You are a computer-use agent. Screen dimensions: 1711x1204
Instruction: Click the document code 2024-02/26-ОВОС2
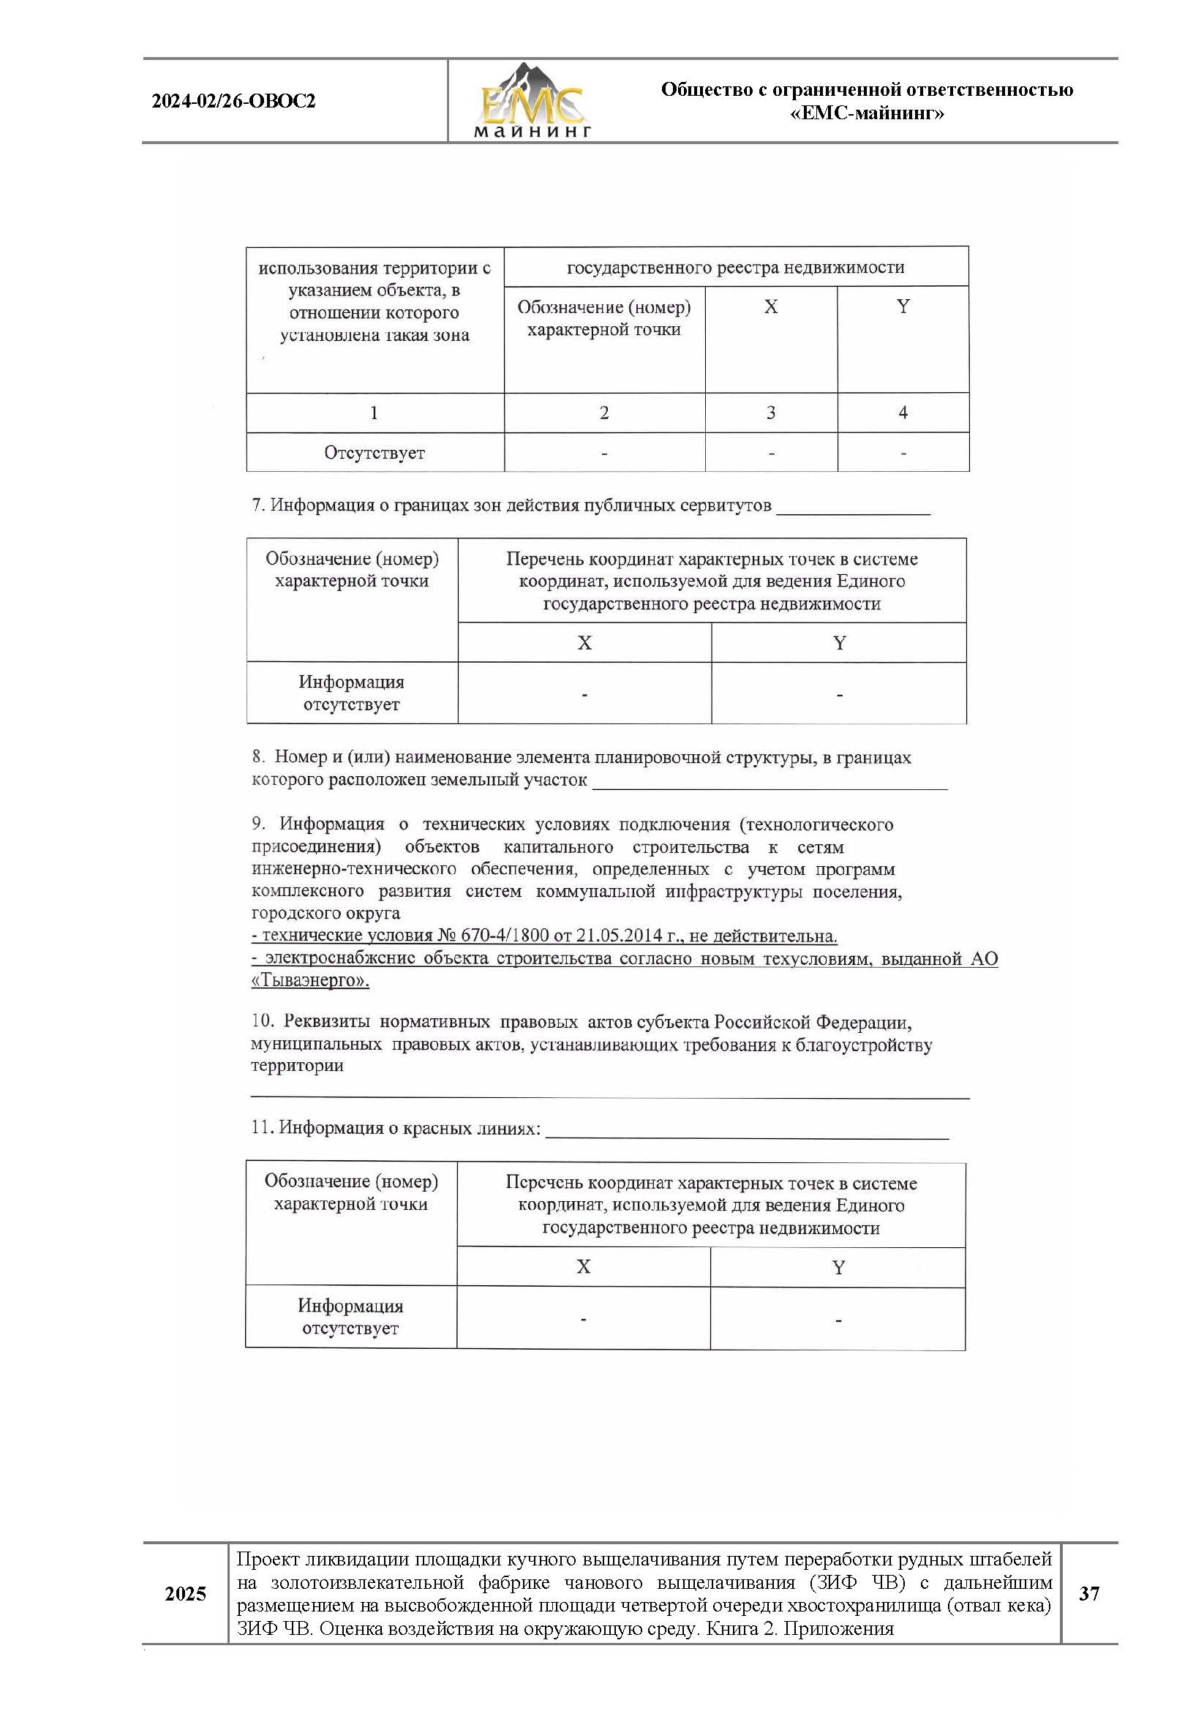click(x=233, y=102)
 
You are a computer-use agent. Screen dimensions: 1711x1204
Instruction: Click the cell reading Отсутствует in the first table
click(x=374, y=453)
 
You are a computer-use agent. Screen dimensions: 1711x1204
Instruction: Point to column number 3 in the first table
click(x=770, y=413)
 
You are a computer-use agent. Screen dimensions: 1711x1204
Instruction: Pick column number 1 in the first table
click(x=374, y=413)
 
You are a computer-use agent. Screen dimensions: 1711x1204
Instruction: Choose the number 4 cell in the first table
click(x=902, y=413)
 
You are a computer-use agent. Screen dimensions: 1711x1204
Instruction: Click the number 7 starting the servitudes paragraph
click(x=257, y=505)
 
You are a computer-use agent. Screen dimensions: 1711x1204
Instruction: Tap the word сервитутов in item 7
click(x=725, y=505)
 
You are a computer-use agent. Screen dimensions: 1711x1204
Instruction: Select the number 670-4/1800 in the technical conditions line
click(x=505, y=936)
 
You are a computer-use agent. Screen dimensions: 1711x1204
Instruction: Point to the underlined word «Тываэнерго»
click(x=310, y=981)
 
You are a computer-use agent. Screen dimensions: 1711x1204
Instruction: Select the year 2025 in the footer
click(x=185, y=1594)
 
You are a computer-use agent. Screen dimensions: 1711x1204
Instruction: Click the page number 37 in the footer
click(x=1088, y=1594)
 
